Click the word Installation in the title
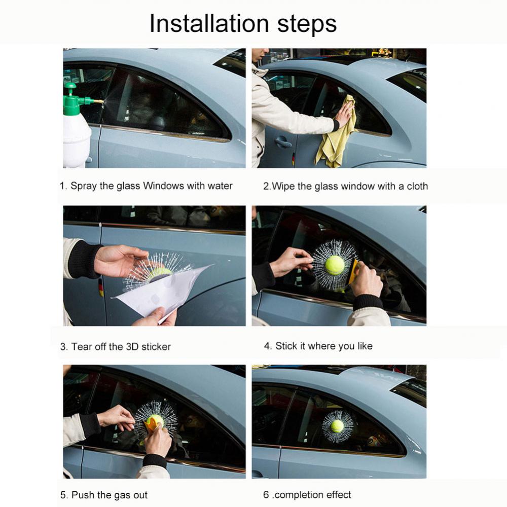pyautogui.click(x=209, y=24)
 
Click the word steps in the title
pyautogui.click(x=307, y=25)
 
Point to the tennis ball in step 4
pyautogui.click(x=335, y=265)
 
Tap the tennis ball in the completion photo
pyautogui.click(x=337, y=426)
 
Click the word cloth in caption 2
pyautogui.click(x=417, y=186)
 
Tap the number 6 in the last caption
pyautogui.click(x=266, y=495)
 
